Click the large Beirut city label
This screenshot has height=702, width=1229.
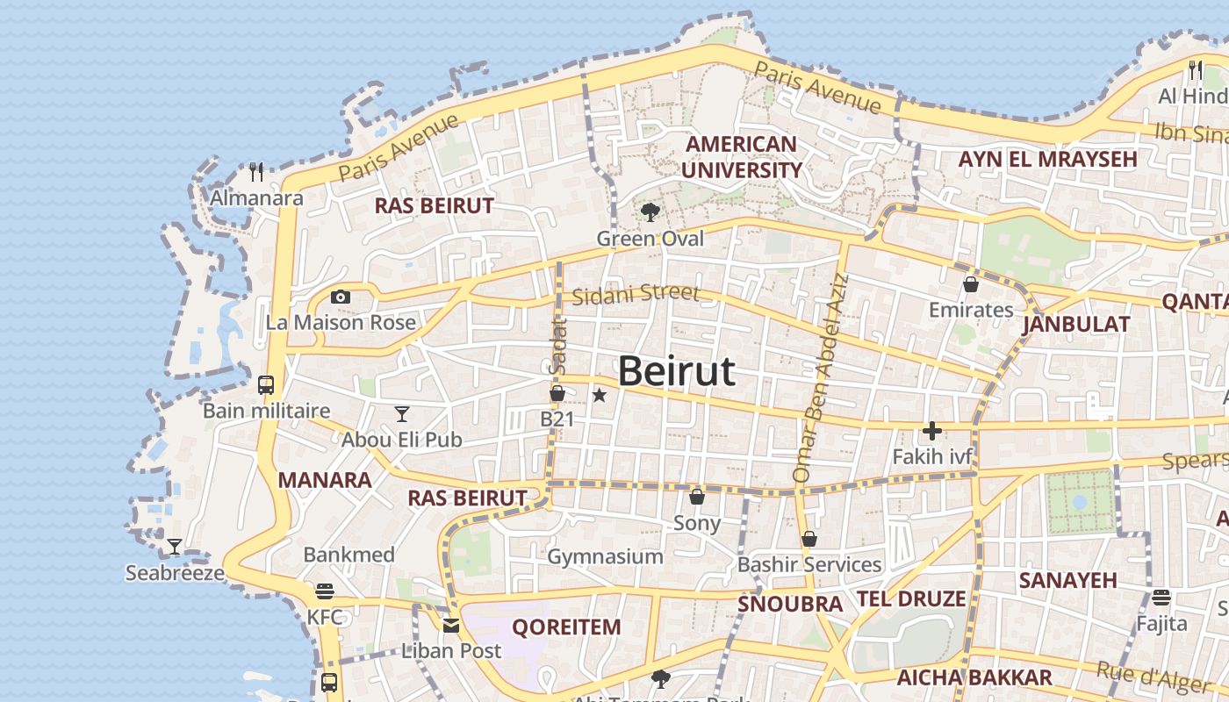[676, 372]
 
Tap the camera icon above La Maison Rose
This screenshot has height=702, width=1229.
[341, 297]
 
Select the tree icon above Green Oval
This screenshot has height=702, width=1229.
[650, 211]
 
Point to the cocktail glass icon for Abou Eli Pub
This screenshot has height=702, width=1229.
[402, 413]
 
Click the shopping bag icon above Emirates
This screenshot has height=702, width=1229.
[971, 284]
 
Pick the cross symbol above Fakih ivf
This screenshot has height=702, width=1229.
[932, 431]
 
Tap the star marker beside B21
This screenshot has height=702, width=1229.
[600, 396]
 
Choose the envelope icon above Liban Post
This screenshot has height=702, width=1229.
[451, 626]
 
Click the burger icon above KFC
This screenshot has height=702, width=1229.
[325, 591]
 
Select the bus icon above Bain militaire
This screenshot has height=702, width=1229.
[266, 384]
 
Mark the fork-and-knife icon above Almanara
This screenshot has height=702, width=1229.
[256, 170]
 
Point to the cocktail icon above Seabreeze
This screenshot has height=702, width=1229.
[175, 547]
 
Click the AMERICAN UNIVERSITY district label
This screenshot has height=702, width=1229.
[741, 157]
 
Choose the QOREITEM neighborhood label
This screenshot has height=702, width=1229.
[566, 627]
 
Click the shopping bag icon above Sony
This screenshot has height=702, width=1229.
[697, 497]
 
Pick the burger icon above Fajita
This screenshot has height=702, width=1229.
[1161, 598]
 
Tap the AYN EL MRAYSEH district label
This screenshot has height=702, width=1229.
[1047, 160]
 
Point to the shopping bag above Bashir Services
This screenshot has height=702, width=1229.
[809, 539]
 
